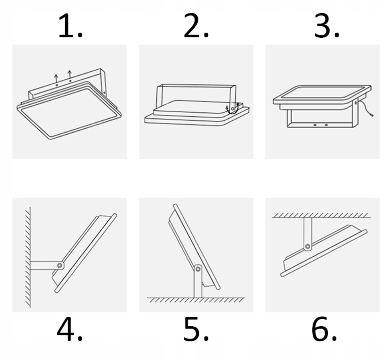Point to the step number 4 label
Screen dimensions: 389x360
[70, 329]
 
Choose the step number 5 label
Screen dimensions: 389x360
[196, 329]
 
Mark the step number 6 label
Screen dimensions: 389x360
[324, 329]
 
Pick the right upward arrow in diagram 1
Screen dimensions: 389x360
[70, 74]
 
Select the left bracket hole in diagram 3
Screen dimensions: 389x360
[314, 125]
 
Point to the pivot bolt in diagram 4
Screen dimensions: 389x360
[60, 265]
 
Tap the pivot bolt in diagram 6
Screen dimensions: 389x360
[308, 246]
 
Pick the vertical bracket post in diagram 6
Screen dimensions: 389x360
[308, 231]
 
